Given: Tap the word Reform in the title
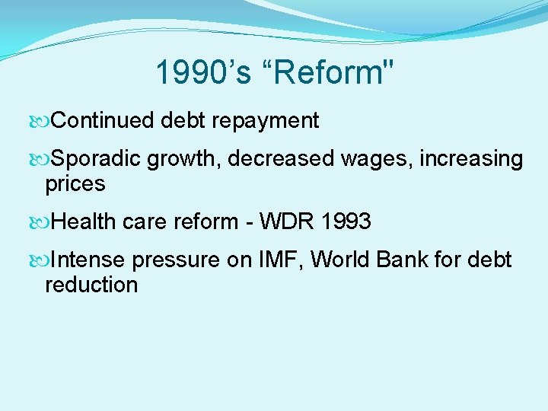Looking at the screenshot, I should [331, 73].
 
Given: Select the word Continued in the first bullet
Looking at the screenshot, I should [104, 120].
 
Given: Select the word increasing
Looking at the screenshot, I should [471, 159].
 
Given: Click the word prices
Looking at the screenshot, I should [75, 183].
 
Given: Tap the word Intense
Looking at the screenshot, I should [88, 260].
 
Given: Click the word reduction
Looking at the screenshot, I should [91, 285].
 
